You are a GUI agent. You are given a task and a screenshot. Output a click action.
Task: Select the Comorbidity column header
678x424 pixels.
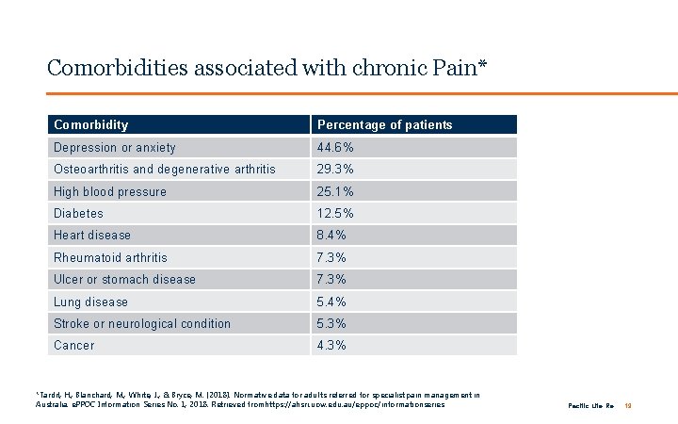click(91, 124)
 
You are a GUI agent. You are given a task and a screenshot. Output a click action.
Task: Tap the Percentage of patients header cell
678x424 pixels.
click(384, 124)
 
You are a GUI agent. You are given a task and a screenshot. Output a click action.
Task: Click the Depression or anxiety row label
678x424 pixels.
click(115, 147)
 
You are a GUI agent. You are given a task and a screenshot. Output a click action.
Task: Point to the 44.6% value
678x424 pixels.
click(336, 147)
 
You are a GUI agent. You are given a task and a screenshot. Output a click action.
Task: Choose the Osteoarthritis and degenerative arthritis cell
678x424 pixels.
click(165, 170)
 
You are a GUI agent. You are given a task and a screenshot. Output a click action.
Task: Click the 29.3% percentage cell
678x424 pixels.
click(336, 170)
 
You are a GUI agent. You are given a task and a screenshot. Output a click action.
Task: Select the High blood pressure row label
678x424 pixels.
click(110, 191)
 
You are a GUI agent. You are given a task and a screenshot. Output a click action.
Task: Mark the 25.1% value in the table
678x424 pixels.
click(336, 191)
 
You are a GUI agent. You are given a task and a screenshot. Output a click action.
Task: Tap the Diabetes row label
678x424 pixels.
click(79, 214)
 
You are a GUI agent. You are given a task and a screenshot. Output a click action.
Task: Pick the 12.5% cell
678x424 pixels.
click(336, 214)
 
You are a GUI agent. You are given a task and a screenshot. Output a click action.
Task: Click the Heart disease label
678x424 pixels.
click(92, 236)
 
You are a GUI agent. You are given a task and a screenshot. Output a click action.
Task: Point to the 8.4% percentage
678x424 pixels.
click(332, 236)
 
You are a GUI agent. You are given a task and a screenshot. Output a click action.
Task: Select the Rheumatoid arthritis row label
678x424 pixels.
click(111, 257)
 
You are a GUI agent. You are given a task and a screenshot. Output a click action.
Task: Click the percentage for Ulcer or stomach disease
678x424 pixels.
click(332, 280)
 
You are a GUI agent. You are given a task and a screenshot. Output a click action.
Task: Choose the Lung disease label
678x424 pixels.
click(90, 302)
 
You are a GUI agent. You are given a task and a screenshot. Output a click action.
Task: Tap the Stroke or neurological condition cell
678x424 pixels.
click(142, 324)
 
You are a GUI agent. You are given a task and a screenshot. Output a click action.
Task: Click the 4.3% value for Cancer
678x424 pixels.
click(332, 346)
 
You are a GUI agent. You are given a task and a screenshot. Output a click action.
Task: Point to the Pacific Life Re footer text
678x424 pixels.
click(590, 405)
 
